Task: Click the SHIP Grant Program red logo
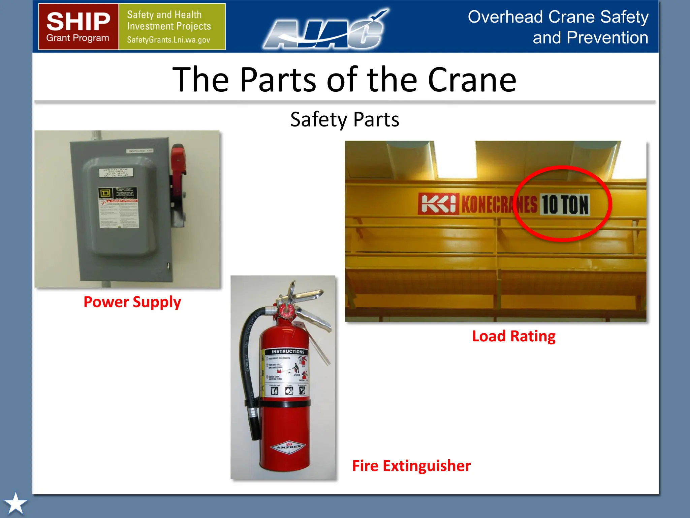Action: (x=78, y=27)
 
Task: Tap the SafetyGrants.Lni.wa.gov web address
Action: (x=168, y=40)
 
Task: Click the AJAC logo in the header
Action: (x=325, y=30)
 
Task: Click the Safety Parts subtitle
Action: (x=345, y=119)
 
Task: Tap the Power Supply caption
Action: (x=132, y=302)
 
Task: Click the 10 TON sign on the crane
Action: (x=565, y=205)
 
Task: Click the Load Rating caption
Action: (x=513, y=336)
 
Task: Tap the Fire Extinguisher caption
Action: (x=411, y=466)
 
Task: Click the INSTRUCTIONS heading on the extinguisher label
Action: (x=288, y=351)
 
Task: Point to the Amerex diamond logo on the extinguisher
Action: (x=288, y=447)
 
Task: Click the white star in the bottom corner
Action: (x=15, y=503)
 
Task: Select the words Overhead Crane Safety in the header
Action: (x=558, y=17)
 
